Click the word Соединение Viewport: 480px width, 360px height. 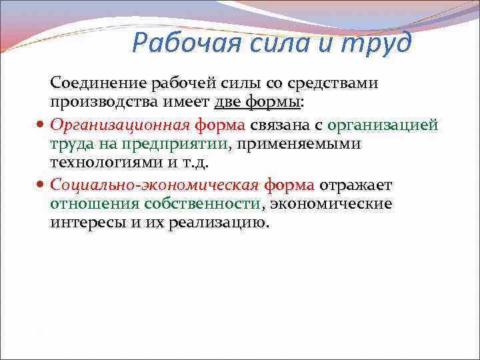click(98, 83)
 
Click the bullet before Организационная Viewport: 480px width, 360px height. click(41, 125)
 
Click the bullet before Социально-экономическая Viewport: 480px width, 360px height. click(41, 185)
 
